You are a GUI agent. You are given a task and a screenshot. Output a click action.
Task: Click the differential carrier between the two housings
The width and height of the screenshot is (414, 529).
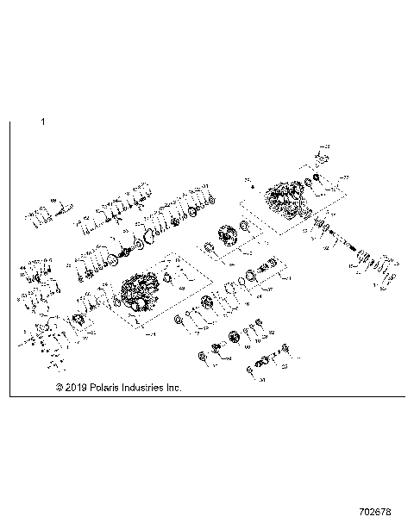[229, 237]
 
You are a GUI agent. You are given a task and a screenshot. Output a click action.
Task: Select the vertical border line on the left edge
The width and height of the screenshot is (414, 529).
[9, 258]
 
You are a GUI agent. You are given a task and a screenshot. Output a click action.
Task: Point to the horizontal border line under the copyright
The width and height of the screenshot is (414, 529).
[207, 397]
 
